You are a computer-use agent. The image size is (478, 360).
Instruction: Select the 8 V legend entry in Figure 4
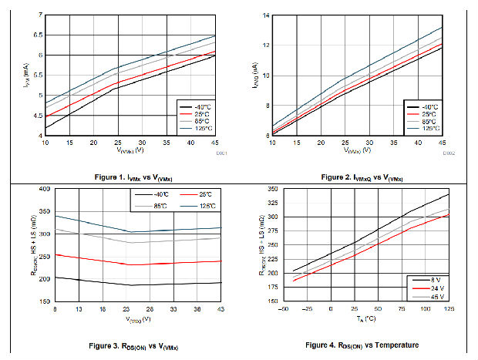[x=433, y=280]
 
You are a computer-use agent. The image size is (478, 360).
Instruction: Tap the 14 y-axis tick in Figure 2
[x=266, y=15]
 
